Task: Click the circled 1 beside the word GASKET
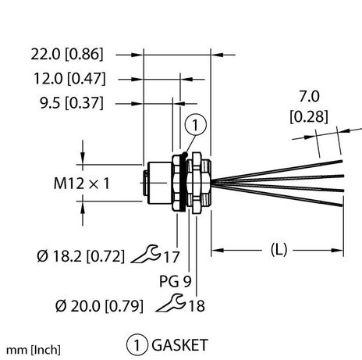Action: (x=137, y=341)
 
